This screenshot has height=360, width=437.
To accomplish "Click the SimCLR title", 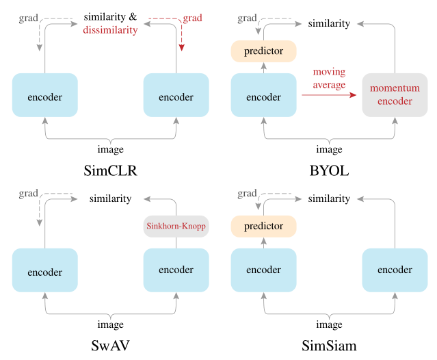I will click(110, 170).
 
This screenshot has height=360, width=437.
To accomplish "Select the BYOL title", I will click(329, 170).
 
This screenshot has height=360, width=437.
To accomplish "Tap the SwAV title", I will click(110, 346).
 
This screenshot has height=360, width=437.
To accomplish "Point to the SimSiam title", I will click(329, 346).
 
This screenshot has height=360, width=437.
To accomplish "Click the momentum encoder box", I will click(395, 94).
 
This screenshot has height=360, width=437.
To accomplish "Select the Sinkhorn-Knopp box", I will click(176, 226).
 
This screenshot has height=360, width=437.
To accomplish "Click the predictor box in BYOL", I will click(263, 51).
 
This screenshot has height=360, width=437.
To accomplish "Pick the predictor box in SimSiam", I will click(263, 226).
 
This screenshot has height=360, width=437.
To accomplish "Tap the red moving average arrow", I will click(329, 95).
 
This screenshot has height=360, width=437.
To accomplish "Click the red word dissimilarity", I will click(110, 29).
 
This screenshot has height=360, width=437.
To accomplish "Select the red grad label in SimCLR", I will click(192, 18).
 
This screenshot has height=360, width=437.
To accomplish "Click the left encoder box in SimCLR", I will click(45, 97).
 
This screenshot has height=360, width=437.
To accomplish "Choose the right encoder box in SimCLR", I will click(176, 97).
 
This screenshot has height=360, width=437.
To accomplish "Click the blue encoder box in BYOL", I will click(263, 97).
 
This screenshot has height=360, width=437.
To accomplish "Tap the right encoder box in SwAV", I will click(176, 270).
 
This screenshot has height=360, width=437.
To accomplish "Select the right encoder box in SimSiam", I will click(395, 270).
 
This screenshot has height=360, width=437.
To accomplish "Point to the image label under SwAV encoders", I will click(110, 324).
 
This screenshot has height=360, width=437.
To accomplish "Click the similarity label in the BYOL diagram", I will click(329, 24).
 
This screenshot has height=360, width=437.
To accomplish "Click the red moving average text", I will click(329, 78).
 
